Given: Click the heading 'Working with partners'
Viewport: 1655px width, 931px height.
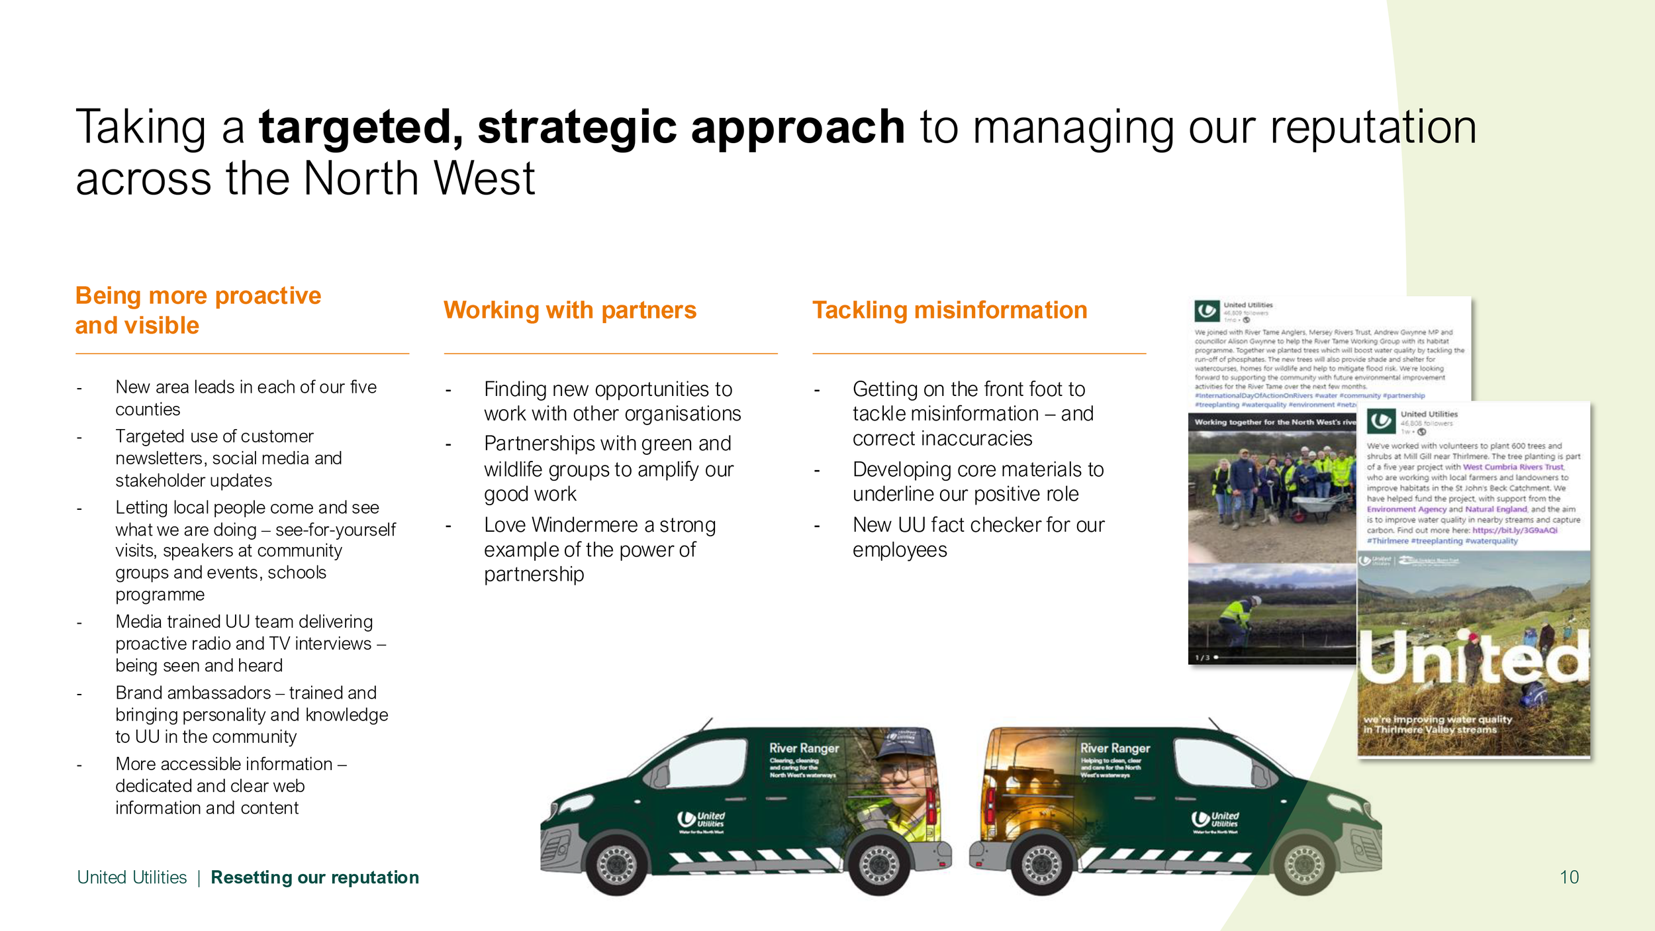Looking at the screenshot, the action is click(x=569, y=310).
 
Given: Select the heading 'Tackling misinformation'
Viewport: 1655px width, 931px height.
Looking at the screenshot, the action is click(x=949, y=310).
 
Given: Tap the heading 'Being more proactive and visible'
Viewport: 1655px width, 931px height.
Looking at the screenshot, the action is click(x=198, y=310).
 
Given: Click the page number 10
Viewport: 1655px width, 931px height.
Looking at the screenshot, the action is click(x=1569, y=877).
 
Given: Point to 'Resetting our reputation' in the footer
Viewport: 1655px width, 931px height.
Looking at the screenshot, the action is click(x=314, y=877).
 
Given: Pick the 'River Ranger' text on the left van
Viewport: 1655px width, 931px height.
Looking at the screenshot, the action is click(x=804, y=748).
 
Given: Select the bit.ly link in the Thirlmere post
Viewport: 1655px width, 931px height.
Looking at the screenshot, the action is click(x=1515, y=530).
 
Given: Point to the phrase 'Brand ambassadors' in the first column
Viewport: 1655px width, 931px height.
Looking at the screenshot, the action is click(x=193, y=693).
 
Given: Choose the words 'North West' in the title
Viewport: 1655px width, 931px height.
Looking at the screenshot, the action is click(x=418, y=179).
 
